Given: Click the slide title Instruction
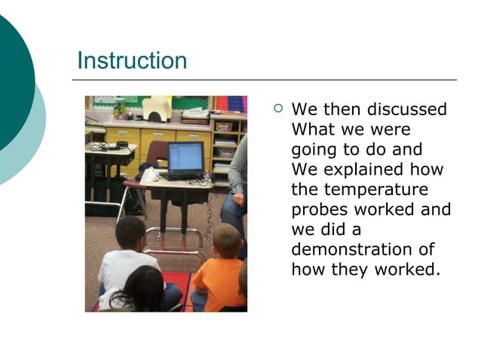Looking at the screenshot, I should pos(132,60).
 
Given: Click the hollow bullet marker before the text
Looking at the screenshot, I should pos(278,108).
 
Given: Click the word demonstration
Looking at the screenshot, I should pos(363,249).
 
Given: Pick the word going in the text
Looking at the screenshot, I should pos(314,150).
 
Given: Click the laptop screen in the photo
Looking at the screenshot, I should pos(185,157).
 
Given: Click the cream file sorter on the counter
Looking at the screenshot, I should pos(157,109).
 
